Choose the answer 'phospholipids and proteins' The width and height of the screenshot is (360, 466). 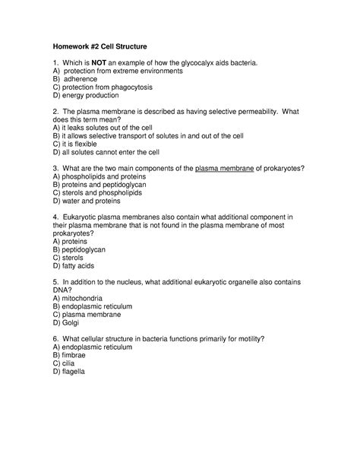[107, 176]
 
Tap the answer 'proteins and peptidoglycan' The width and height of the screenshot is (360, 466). [106, 184]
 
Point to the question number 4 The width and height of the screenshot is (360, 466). [55, 217]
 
